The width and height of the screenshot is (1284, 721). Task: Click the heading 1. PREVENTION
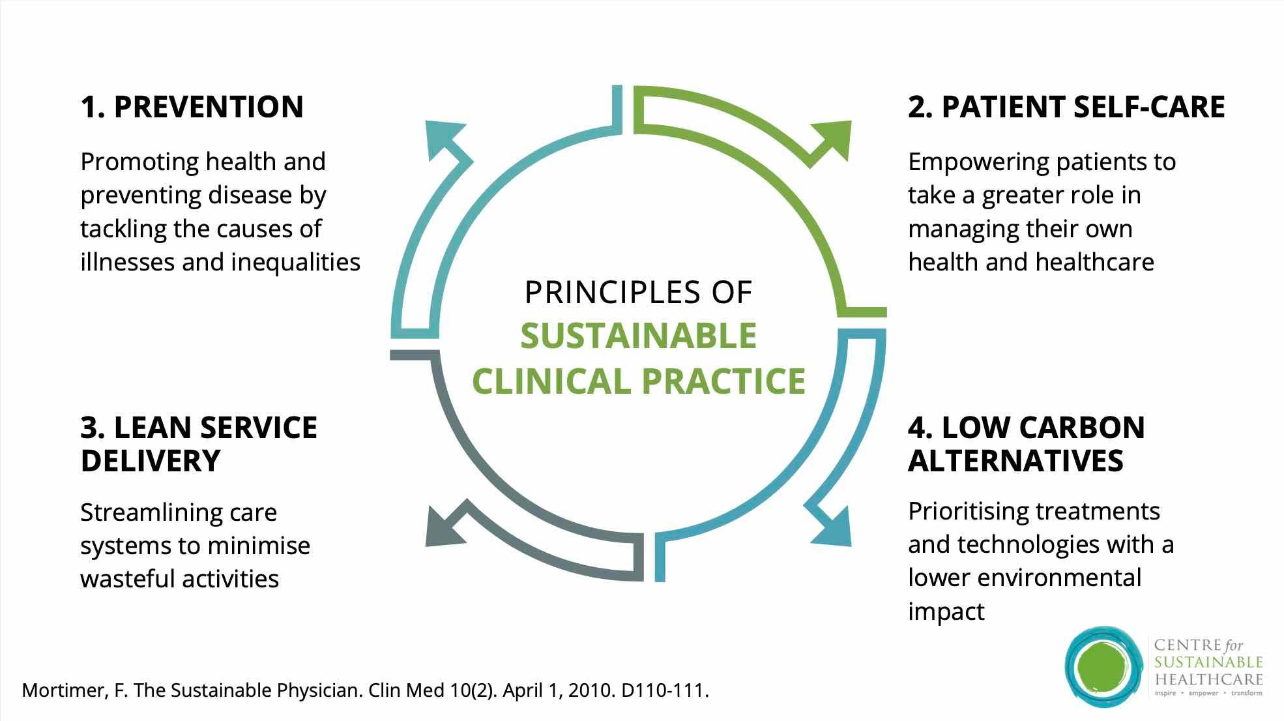point(192,107)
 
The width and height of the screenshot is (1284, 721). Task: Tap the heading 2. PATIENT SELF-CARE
point(1066,107)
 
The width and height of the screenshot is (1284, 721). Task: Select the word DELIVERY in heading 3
point(151,461)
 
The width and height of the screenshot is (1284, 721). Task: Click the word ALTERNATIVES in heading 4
point(1015,461)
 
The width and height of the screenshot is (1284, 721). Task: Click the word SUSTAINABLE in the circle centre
point(638,336)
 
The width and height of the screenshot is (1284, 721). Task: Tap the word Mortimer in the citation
point(62,691)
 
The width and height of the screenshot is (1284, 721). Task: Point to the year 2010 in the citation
point(590,691)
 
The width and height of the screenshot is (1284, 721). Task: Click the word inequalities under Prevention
point(295,262)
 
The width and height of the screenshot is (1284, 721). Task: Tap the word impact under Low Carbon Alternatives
point(946,611)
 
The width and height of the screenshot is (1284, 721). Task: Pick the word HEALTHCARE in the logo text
point(1208,679)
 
